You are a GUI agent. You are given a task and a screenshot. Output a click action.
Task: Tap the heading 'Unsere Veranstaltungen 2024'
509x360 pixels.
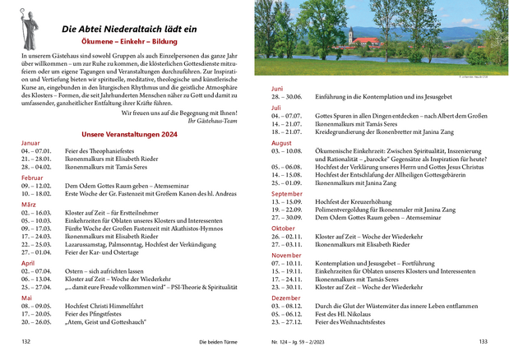coord(135,133)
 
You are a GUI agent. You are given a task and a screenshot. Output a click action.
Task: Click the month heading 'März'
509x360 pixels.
coord(29,204)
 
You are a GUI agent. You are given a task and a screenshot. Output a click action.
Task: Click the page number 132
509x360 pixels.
coord(25,341)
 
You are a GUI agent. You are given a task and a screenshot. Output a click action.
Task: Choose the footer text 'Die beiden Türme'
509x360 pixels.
coord(221,341)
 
